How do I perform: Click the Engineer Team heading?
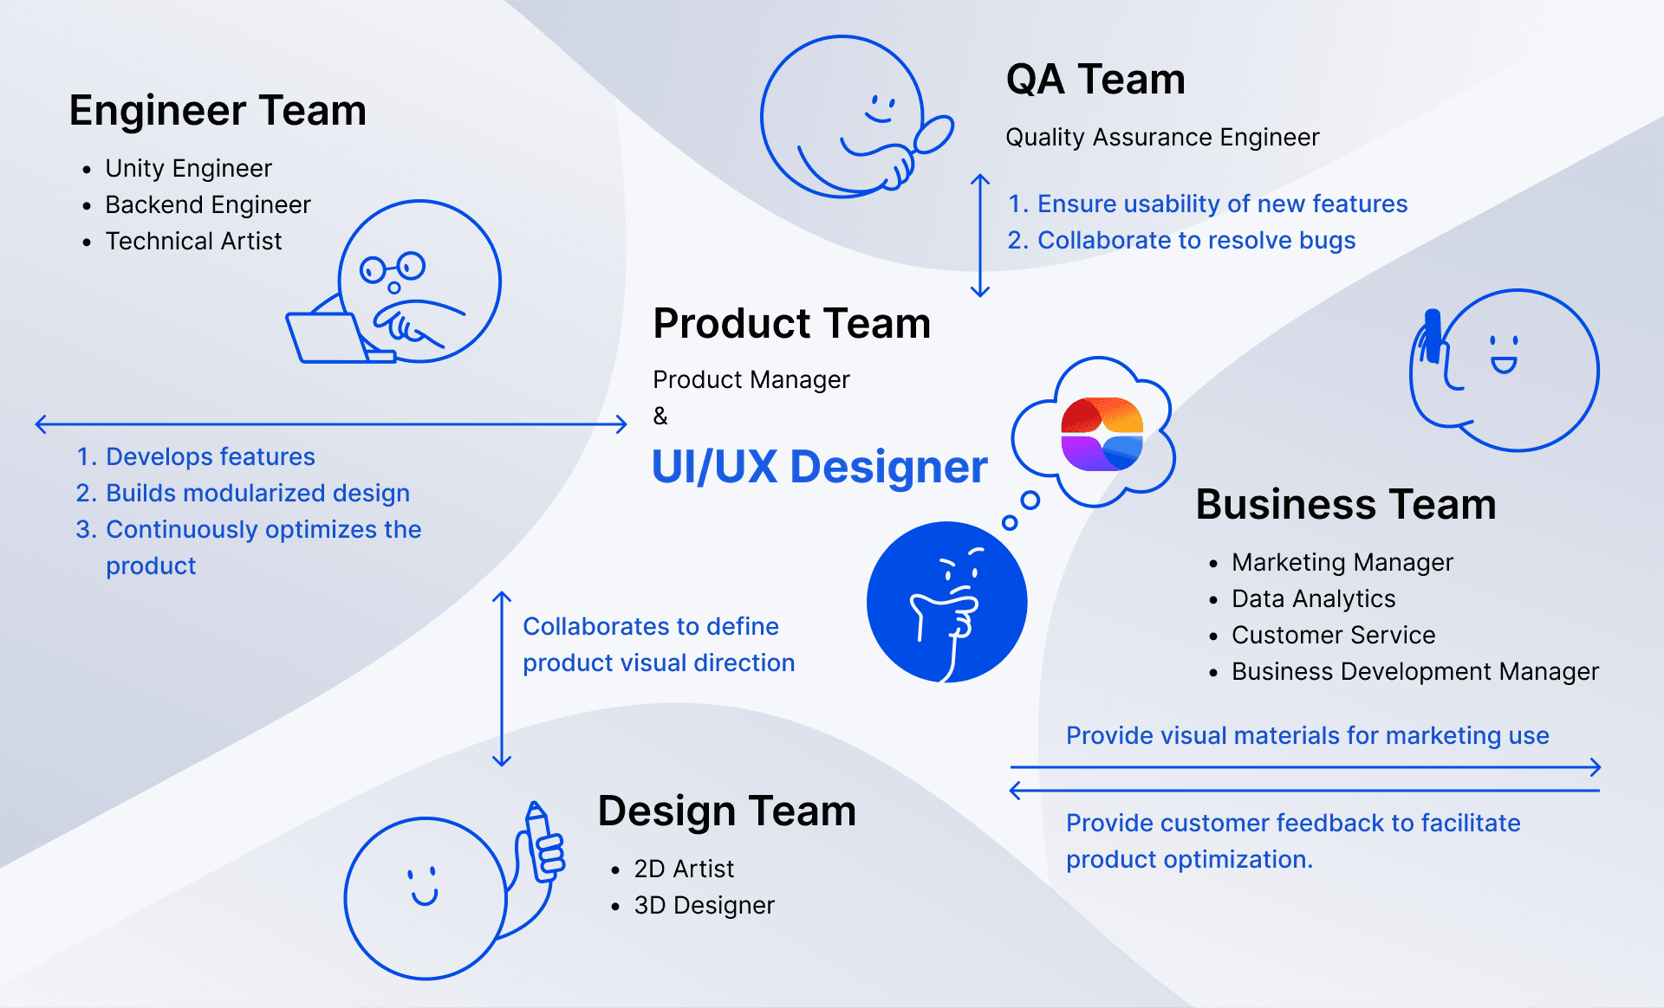218,111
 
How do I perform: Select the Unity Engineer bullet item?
188,168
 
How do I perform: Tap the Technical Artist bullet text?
193,241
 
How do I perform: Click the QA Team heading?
1095,80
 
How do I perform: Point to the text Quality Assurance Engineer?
1161,137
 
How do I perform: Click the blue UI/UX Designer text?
818,467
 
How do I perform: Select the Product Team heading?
791,324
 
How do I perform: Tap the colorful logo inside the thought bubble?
1102,434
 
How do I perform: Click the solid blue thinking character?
946,601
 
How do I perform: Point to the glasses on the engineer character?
393,268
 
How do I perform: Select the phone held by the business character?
1432,336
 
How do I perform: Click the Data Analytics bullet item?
1313,598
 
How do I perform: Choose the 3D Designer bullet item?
704,905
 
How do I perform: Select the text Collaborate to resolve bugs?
1196,240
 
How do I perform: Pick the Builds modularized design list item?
257,493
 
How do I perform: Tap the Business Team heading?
1345,505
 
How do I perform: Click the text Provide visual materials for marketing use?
1307,735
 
